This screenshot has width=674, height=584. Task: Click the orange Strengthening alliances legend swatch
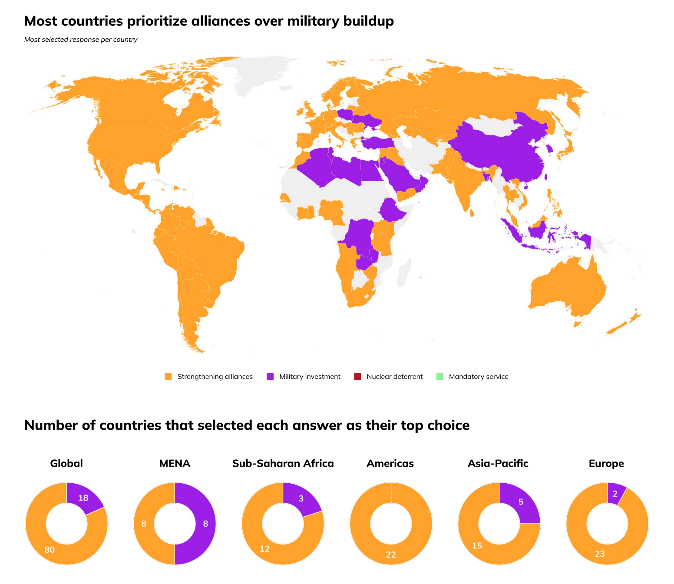pos(168,376)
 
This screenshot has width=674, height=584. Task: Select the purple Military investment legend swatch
pos(270,376)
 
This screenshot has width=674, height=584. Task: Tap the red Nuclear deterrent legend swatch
pos(357,376)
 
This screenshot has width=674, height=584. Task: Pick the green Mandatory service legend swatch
pos(439,376)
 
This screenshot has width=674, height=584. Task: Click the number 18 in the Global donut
pos(83,498)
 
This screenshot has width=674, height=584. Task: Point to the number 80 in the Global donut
pos(50,550)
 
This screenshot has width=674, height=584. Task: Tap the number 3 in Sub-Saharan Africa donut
pos(301,498)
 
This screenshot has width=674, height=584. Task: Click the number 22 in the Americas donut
pos(391,554)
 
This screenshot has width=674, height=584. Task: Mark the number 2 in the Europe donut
pos(615,494)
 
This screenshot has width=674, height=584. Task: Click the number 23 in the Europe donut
pos(600,554)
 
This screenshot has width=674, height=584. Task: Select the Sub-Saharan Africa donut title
pos(283,463)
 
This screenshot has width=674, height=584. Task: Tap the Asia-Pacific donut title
pos(498,463)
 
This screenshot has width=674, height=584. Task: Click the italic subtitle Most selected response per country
pos(81,40)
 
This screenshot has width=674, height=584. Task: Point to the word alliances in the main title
pos(220,21)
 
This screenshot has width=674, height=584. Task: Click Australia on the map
pos(567,287)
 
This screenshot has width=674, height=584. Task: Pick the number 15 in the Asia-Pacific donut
pos(477,545)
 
